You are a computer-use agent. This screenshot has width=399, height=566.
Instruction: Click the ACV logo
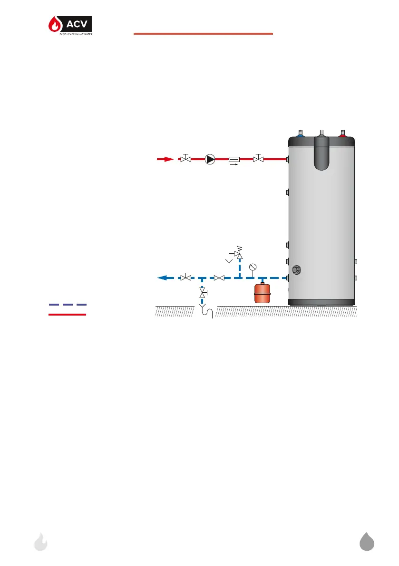coord(70,27)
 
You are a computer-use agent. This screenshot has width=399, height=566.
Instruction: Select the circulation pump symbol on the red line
coord(210,159)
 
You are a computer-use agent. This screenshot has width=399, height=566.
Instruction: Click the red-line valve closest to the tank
coord(258,159)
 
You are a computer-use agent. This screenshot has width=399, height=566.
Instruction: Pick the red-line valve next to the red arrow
coord(186,159)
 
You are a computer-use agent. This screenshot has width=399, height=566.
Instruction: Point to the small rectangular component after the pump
coord(234,159)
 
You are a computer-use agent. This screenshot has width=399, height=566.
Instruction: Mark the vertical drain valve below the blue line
coord(203,295)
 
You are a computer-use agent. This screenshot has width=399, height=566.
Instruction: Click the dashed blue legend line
coord(68,304)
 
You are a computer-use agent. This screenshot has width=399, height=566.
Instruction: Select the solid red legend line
coord(68,315)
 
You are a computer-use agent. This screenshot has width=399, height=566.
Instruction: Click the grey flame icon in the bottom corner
coord(41,542)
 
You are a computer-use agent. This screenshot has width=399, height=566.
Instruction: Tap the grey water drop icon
coord(367,542)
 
